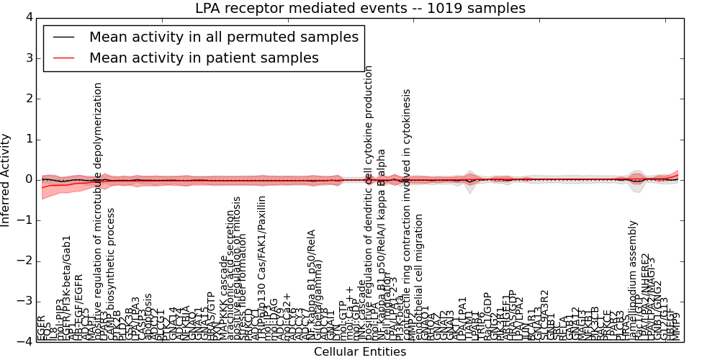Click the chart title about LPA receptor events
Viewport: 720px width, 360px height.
(x=360, y=9)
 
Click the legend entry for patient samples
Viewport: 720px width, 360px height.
(x=204, y=58)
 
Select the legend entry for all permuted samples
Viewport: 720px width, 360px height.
(x=223, y=37)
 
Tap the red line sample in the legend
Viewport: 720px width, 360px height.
(x=63, y=58)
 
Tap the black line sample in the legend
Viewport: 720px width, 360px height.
(x=63, y=37)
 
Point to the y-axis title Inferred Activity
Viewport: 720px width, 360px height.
(x=6, y=179)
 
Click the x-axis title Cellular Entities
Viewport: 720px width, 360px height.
(x=360, y=351)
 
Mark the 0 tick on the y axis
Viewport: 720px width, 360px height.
(x=29, y=179)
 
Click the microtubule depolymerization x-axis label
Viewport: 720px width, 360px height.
(x=99, y=209)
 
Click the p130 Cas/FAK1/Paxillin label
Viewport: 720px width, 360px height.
(x=262, y=263)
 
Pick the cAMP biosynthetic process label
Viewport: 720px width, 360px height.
(x=111, y=274)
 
